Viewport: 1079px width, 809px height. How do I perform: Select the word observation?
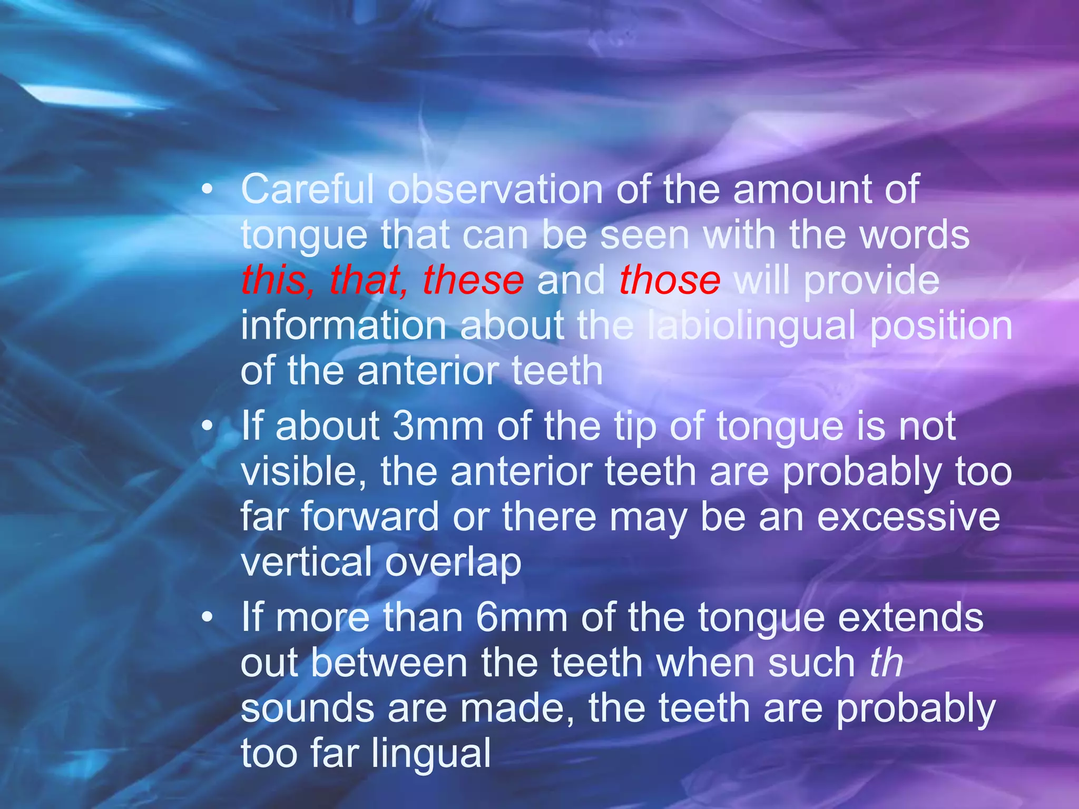pyautogui.click(x=495, y=190)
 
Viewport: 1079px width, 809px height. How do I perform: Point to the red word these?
pyautogui.click(x=473, y=280)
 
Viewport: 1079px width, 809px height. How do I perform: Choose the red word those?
pyautogui.click(x=670, y=280)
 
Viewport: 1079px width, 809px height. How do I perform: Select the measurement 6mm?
pyautogui.click(x=521, y=617)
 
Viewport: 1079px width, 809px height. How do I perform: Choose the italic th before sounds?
pyautogui.click(x=886, y=663)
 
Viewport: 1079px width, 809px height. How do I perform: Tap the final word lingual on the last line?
pyautogui.click(x=431, y=754)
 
